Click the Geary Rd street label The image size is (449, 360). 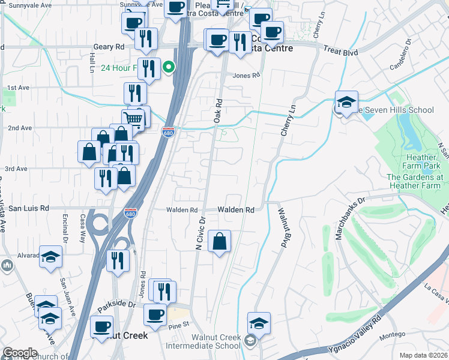tap(109, 46)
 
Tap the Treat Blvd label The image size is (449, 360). tap(340, 52)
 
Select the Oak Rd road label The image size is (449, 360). tap(218, 112)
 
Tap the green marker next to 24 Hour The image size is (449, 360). tap(170, 67)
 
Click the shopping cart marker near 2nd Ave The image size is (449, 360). tap(133, 118)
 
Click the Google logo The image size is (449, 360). tap(20, 353)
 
